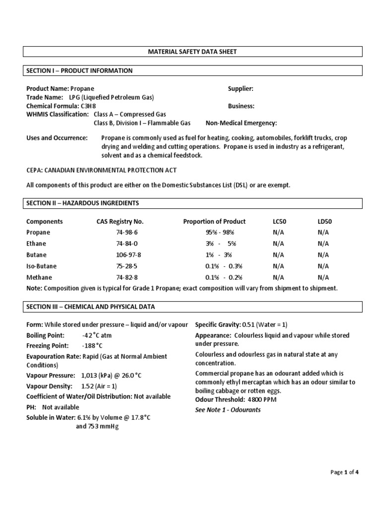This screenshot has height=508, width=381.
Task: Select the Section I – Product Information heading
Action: [x=79, y=71]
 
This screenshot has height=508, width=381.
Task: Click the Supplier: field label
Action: [x=241, y=88]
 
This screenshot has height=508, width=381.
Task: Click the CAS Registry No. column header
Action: [x=120, y=221]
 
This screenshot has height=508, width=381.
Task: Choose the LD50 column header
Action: [x=324, y=221]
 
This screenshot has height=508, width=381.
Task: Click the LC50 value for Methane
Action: [x=278, y=277]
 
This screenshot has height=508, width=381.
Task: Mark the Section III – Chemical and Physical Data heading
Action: [x=90, y=307]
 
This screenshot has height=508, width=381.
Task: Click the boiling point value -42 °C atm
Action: [x=98, y=336]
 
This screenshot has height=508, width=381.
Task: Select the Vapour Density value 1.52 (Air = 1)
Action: [x=103, y=386]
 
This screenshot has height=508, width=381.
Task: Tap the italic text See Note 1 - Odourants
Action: [x=228, y=410]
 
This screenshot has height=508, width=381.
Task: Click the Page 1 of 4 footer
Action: [x=344, y=472]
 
